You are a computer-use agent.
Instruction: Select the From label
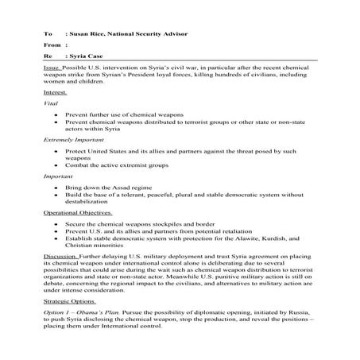pos(52,46)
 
